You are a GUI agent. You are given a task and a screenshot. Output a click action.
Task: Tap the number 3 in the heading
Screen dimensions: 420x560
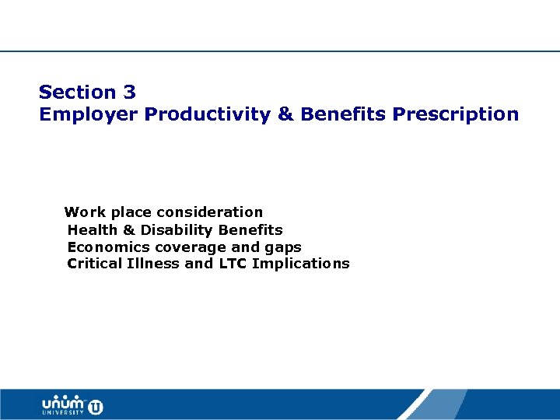pos(129,92)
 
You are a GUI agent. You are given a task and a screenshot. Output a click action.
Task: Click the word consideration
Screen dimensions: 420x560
pos(210,212)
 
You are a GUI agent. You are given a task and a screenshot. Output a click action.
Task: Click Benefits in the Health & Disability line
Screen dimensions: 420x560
pos(250,230)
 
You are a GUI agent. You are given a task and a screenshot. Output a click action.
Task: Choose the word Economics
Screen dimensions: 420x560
pos(109,247)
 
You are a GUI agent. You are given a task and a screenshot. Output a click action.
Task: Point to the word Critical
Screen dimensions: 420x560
pos(94,264)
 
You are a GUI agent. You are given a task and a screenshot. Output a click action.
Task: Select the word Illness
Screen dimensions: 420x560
pos(152,264)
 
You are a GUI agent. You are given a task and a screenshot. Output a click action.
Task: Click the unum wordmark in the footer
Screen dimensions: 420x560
pos(63,404)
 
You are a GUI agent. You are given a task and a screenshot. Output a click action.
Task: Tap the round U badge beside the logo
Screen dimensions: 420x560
pos(96,406)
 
